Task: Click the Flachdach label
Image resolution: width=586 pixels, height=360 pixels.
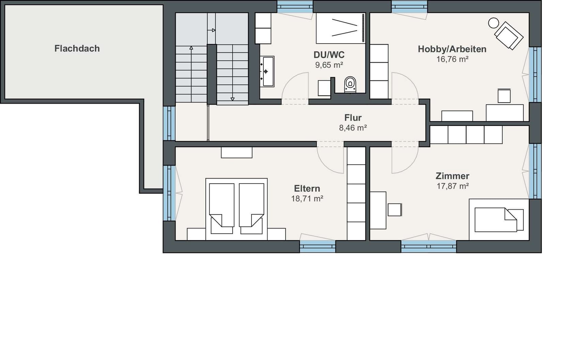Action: click(x=77, y=48)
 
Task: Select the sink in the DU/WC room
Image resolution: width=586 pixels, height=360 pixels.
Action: click(x=267, y=72)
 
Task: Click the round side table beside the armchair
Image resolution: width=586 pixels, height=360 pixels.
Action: click(x=493, y=23)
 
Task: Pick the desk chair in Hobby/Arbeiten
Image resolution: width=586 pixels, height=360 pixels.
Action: click(x=504, y=96)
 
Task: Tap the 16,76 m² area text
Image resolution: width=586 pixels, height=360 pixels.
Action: click(x=452, y=59)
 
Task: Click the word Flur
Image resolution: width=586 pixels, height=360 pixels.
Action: click(x=353, y=118)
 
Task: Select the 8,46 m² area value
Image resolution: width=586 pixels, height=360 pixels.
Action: click(x=353, y=128)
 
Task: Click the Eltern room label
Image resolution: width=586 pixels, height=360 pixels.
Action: click(x=307, y=189)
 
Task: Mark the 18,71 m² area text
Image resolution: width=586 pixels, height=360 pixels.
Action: click(x=307, y=199)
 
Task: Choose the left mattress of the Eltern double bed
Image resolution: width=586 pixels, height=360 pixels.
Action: click(x=222, y=205)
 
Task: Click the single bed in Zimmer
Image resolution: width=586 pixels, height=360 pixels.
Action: click(x=499, y=220)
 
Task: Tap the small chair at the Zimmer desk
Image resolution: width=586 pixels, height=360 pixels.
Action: click(x=395, y=209)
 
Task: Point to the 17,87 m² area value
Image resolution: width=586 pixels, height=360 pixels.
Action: click(x=452, y=186)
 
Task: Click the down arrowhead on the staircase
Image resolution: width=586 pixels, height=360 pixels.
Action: click(x=232, y=99)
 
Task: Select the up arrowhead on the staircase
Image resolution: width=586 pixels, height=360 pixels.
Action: click(x=191, y=48)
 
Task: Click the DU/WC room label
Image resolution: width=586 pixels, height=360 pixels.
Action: click(x=329, y=55)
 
